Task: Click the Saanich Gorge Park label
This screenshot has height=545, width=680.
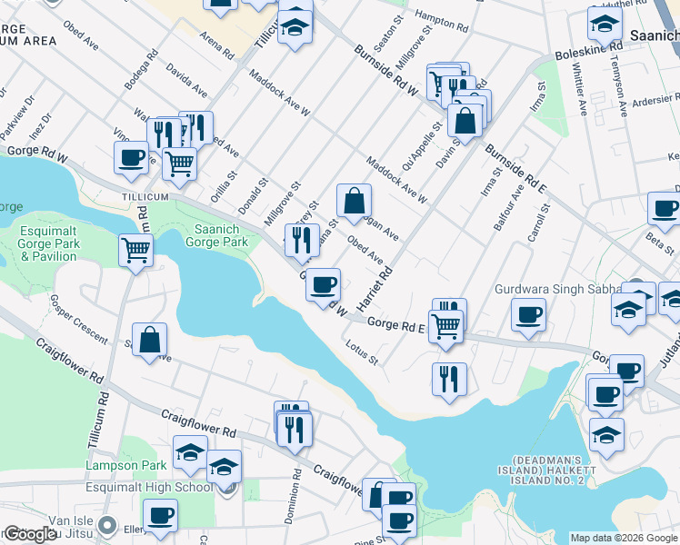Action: pos(215,236)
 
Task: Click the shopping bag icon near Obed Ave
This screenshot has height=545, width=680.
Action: pos(354,201)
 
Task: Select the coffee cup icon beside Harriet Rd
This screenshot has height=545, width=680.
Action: pos(323,285)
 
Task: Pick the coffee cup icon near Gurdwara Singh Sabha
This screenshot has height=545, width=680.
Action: pos(528,316)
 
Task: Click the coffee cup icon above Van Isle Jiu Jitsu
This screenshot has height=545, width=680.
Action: pos(161,515)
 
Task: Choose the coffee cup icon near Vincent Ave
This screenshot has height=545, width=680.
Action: pos(132,157)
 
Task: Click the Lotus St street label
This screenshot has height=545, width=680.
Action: pos(362,352)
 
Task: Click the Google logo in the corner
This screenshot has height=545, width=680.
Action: pos(30,534)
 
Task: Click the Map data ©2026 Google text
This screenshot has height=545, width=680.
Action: pos(623,538)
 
